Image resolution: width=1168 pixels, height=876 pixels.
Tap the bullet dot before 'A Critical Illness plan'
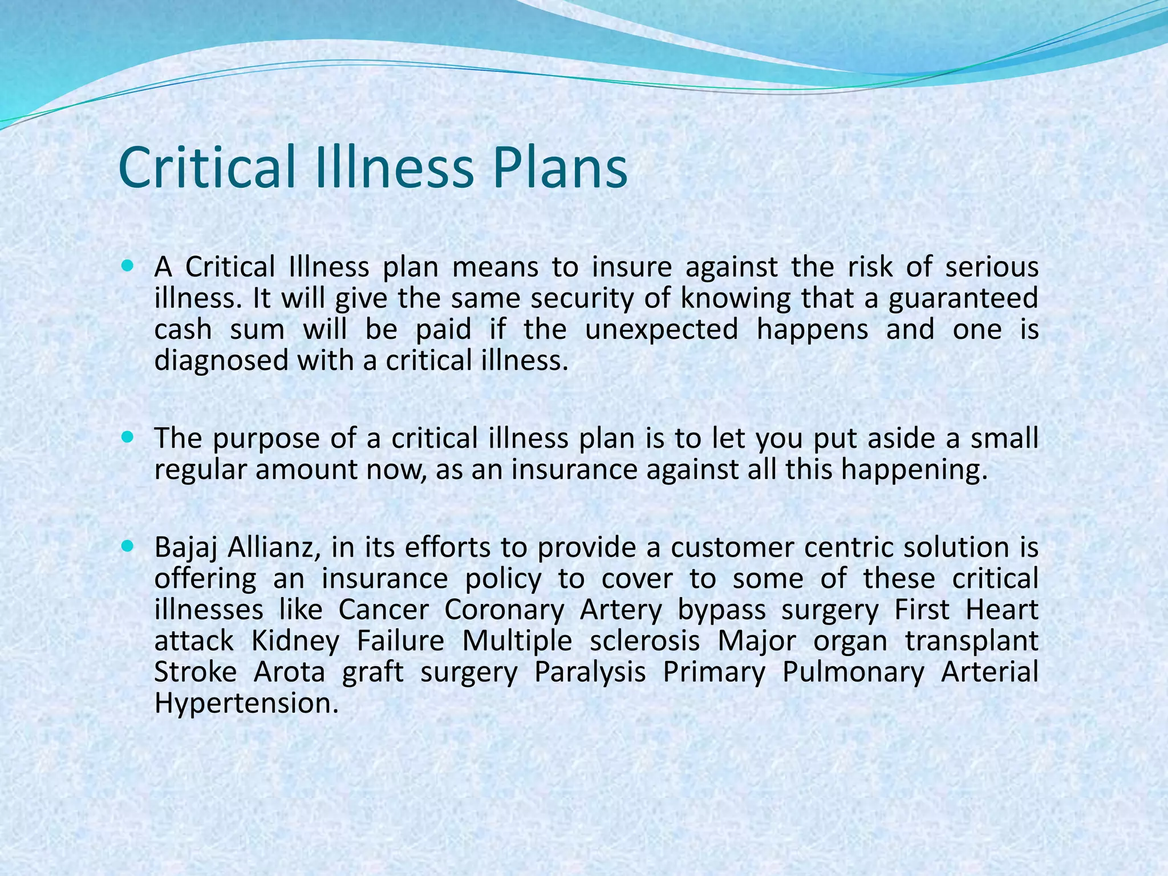pyautogui.click(x=127, y=266)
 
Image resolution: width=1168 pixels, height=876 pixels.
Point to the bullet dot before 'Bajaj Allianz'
pyautogui.click(x=127, y=546)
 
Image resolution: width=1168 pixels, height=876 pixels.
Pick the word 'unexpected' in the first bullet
pyautogui.click(x=662, y=330)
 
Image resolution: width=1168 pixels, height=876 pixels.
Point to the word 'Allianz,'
pyautogui.click(x=271, y=547)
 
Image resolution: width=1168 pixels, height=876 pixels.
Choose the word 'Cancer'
pyautogui.click(x=383, y=610)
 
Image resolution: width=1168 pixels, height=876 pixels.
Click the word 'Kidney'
pyautogui.click(x=295, y=640)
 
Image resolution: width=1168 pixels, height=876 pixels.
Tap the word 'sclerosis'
pyautogui.click(x=644, y=640)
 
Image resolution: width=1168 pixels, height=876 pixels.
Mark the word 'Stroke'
pyautogui.click(x=196, y=672)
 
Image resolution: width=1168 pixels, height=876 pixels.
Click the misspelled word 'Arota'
pyautogui.click(x=289, y=672)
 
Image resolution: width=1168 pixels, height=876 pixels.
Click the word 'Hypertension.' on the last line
pyautogui.click(x=246, y=703)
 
